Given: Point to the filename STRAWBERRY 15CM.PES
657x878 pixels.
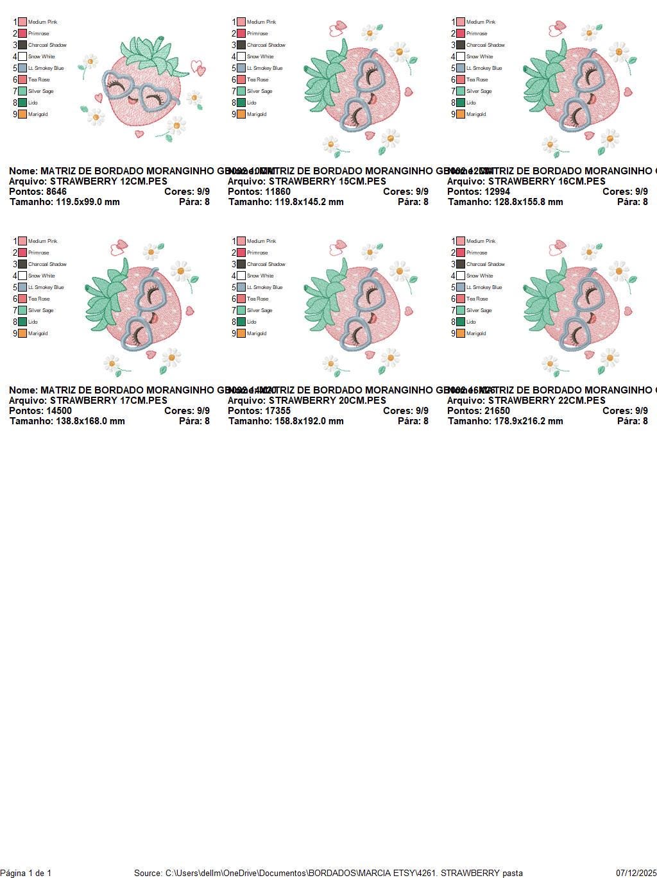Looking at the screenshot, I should click(327, 181).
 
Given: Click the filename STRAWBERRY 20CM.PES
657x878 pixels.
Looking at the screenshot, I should click(327, 401).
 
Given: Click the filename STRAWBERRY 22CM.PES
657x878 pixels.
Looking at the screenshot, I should click(547, 401).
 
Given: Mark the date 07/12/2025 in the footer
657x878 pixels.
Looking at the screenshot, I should click(636, 873).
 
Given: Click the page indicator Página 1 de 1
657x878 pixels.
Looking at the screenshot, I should click(26, 873).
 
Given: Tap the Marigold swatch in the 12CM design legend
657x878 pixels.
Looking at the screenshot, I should click(22, 114).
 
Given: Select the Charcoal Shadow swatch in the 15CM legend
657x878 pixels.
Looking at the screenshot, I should click(241, 45).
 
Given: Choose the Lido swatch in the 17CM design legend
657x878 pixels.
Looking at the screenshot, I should click(22, 322).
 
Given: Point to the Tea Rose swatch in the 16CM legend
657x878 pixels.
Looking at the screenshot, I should click(461, 79).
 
